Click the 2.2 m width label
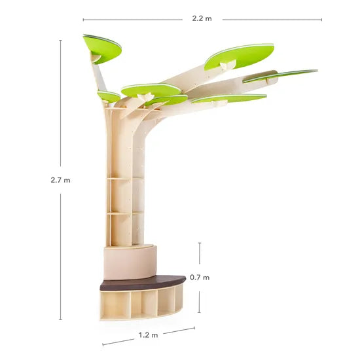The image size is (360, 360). (x=202, y=19)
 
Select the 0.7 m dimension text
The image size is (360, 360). (x=200, y=277)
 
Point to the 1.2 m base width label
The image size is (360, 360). (x=149, y=335)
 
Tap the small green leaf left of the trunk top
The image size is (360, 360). (x=109, y=96)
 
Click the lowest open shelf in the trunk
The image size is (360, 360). (x=121, y=229)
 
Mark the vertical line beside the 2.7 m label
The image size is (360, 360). (x=61, y=105)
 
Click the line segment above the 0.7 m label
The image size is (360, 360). (x=200, y=253)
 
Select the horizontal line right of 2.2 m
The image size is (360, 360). (x=272, y=20)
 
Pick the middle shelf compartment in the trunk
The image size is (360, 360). (x=121, y=195)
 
